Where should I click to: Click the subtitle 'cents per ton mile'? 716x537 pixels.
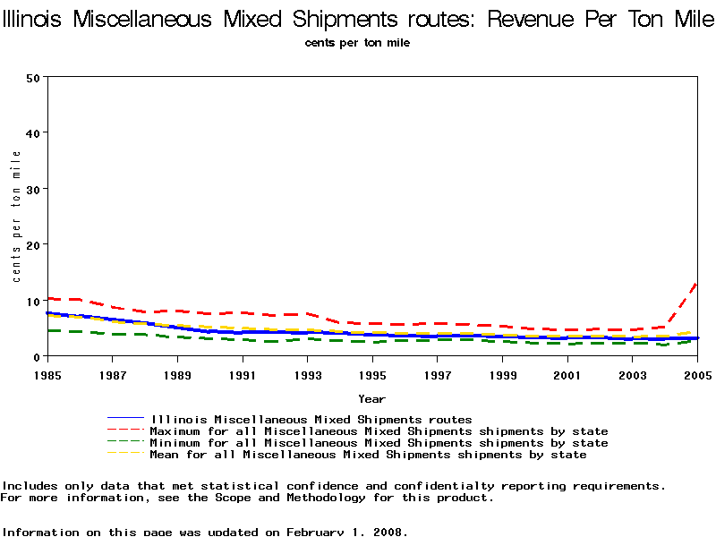coord(357,43)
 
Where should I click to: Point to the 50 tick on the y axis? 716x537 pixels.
coord(33,77)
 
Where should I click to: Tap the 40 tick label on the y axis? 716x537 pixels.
coord(33,132)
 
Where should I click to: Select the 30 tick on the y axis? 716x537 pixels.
coord(33,189)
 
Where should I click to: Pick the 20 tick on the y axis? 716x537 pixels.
coord(33,244)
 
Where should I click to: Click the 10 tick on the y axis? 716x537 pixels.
coord(33,301)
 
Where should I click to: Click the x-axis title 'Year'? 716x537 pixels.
coord(371,398)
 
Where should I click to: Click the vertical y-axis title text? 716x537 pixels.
coord(17,217)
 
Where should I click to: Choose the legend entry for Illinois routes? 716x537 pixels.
coord(311,419)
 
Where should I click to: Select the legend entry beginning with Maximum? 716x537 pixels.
coord(379,431)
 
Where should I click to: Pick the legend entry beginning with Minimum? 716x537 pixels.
coord(379,443)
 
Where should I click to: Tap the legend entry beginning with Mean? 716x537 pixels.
coord(368,455)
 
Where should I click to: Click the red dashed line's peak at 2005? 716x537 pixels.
coord(696,283)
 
